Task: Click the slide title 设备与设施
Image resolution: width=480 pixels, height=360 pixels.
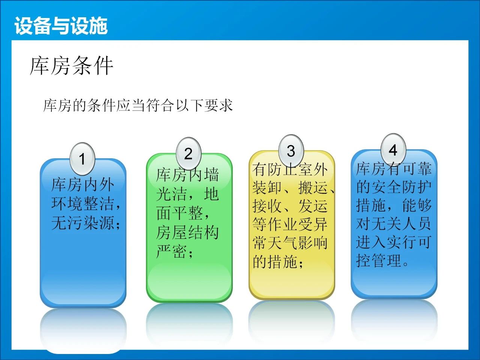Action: [x=61, y=26]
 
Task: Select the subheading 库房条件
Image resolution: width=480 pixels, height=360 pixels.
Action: [x=72, y=66]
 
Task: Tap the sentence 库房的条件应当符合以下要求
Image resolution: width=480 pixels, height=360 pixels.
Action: [x=138, y=106]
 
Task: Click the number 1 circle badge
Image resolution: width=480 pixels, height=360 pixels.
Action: [x=82, y=159]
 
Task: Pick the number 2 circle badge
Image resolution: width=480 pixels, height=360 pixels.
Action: [x=189, y=154]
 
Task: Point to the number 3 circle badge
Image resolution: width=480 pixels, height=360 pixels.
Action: [x=291, y=151]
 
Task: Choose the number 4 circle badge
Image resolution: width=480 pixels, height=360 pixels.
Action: [x=393, y=150]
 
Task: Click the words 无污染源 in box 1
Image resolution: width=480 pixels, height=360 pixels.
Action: [x=82, y=223]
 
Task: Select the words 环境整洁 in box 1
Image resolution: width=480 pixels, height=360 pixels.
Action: [x=82, y=204]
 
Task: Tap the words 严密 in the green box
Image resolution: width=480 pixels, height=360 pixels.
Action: [x=171, y=251]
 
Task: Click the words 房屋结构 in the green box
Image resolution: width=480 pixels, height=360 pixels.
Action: [x=187, y=232]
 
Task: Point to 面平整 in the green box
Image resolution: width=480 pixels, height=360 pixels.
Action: [x=180, y=213]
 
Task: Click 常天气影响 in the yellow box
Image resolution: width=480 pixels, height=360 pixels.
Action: [x=290, y=243]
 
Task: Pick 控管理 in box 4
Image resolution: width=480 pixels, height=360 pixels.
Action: [x=379, y=260]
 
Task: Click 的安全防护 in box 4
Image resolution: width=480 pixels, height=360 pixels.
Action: [x=394, y=187]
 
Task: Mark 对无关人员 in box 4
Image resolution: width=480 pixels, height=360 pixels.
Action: [x=393, y=223]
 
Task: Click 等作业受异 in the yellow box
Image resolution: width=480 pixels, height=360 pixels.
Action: [x=290, y=224]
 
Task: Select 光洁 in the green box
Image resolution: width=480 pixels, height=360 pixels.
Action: [x=171, y=194]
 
